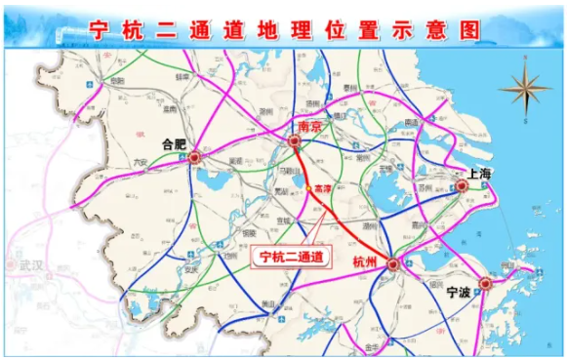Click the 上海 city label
[x=481, y=173]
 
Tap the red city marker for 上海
[x=462, y=184]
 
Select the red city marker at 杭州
[x=392, y=262]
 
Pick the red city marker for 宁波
[x=484, y=283]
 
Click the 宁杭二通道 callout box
[x=290, y=258]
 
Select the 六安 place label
[x=139, y=163]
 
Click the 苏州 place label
[x=423, y=185]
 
